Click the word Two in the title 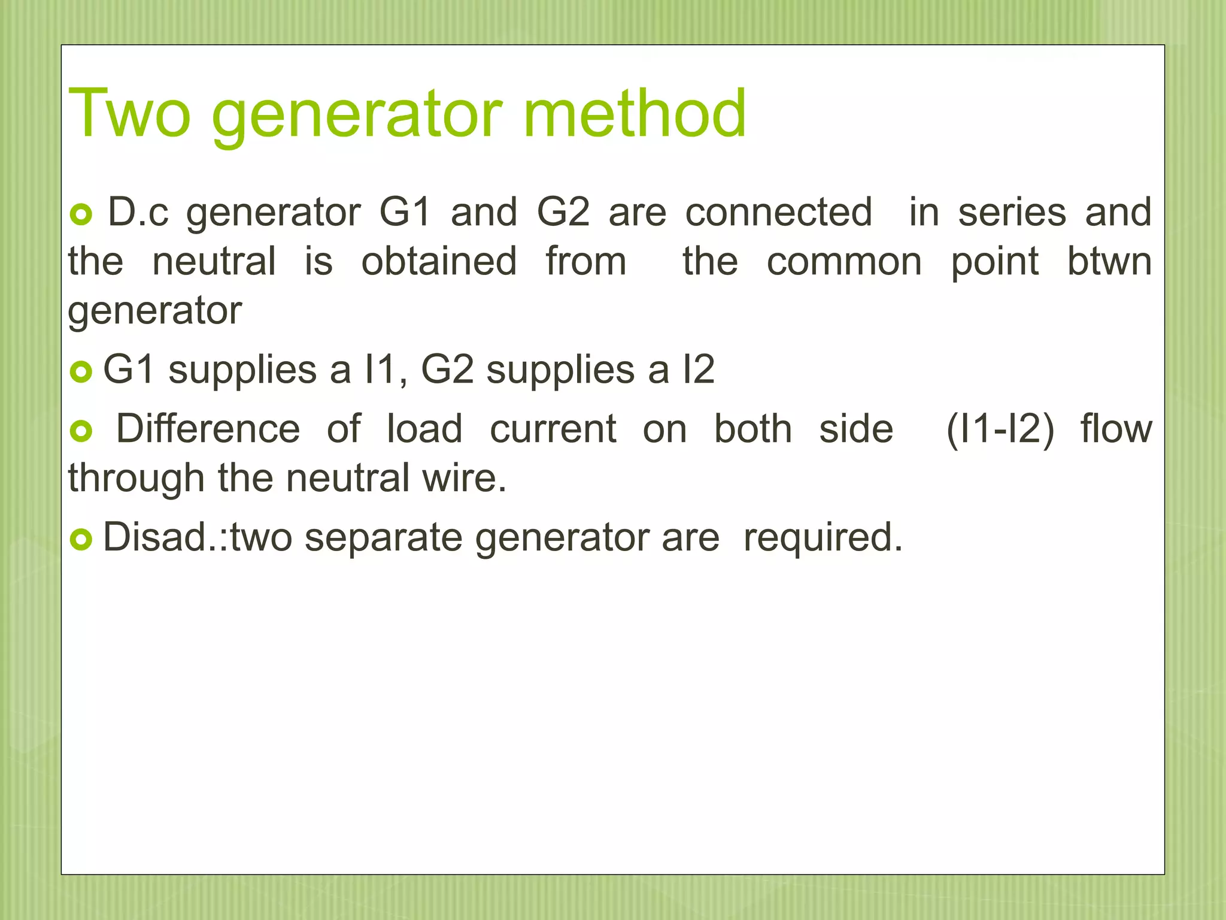(129, 114)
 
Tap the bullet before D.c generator (81, 214)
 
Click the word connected (778, 212)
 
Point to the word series (1012, 212)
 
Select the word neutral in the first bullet (214, 262)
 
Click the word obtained (439, 262)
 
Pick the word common (844, 262)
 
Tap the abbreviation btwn (1109, 262)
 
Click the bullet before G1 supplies (81, 372)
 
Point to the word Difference (208, 429)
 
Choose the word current (553, 429)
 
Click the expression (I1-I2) (1000, 430)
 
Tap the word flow (1116, 429)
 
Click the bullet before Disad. (81, 540)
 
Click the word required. (823, 537)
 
